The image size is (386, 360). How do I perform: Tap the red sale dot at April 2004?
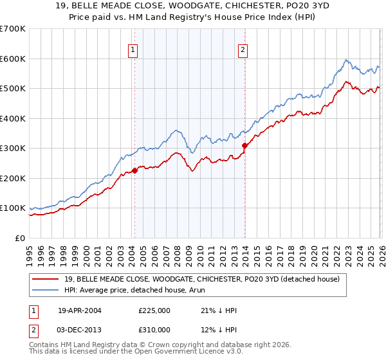click(134, 170)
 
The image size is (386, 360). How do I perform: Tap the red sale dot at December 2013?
click(244, 145)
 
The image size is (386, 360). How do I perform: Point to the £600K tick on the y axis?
click(13, 59)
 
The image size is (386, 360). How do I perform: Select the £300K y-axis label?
click(13, 148)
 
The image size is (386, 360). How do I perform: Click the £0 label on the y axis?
click(19, 238)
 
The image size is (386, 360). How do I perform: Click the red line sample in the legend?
click(46, 278)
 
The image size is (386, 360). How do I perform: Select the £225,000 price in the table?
click(154, 310)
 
